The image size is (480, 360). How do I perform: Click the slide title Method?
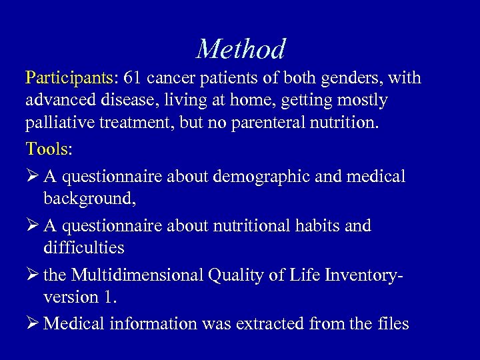click(x=241, y=49)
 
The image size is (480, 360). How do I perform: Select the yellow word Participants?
click(x=69, y=79)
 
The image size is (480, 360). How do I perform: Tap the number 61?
click(x=132, y=79)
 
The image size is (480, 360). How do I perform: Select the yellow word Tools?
click(x=47, y=149)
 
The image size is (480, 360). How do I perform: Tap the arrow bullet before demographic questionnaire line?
click(x=33, y=177)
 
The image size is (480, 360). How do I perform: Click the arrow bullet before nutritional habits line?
click(x=33, y=226)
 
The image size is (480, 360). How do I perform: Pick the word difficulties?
click(x=83, y=247)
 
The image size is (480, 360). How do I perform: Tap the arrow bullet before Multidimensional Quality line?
click(x=33, y=275)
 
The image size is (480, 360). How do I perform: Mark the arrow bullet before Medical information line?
click(x=33, y=324)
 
